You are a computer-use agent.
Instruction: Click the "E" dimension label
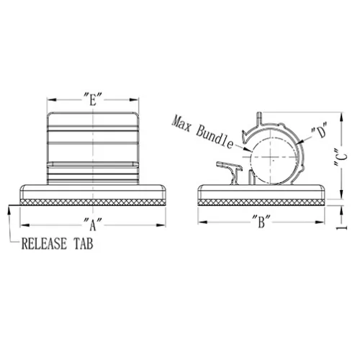(93, 99)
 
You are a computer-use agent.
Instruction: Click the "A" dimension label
(93, 225)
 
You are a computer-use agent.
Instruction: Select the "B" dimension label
(261, 222)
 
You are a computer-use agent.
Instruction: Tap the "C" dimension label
(341, 157)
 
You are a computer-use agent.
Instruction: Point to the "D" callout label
(320, 130)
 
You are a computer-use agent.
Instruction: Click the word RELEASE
(44, 243)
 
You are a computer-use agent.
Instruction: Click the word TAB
(83, 243)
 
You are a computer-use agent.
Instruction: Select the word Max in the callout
(181, 124)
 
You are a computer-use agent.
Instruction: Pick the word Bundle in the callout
(215, 138)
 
